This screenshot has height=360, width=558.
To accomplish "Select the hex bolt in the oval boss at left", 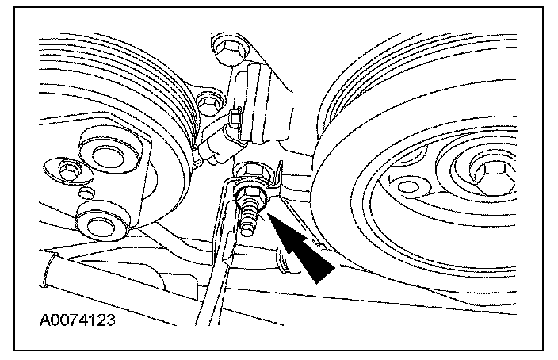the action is (67, 170).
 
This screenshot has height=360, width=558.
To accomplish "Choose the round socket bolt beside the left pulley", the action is (208, 101).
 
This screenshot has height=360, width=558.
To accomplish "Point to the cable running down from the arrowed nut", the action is (214, 270).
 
